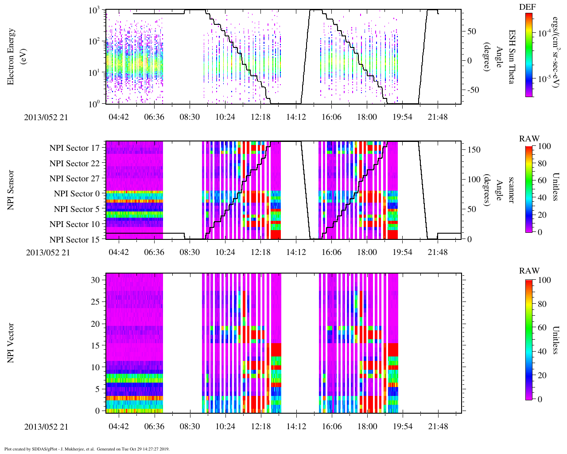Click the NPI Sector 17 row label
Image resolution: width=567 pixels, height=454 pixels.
click(75, 148)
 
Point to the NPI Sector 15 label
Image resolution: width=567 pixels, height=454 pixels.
click(75, 240)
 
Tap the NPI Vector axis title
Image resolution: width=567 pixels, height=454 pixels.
click(11, 343)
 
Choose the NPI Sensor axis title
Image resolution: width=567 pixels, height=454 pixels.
click(11, 190)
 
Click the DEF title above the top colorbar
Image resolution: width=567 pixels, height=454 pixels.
click(528, 7)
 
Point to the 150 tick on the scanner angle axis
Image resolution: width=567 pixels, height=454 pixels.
click(474, 150)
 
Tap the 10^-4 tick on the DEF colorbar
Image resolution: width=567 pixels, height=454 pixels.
click(545, 33)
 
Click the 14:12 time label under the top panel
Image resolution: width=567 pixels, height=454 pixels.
click(296, 117)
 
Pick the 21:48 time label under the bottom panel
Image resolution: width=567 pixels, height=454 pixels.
click(438, 427)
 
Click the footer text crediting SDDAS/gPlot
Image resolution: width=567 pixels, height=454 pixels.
click(87, 449)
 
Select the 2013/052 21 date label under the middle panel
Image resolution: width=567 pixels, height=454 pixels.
click(48, 253)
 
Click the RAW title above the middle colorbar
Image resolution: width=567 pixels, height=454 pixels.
click(529, 139)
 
